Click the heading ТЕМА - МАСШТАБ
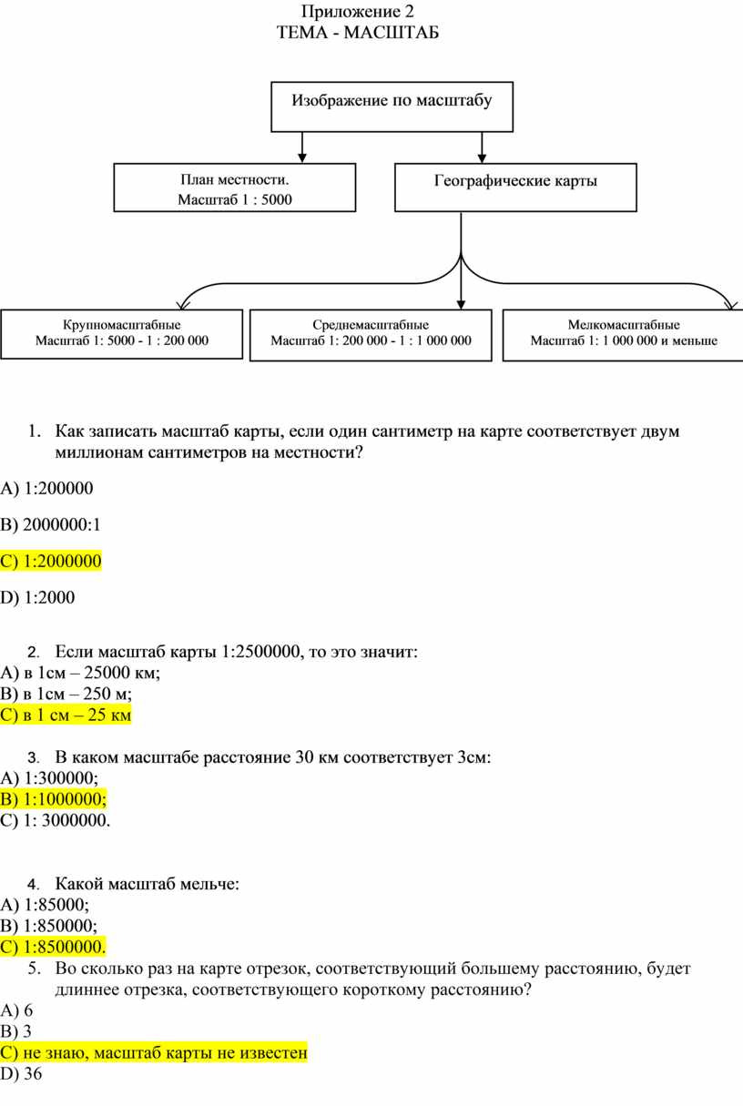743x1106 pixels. click(x=358, y=33)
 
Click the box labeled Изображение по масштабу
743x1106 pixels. click(x=392, y=107)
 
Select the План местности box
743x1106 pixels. click(x=235, y=188)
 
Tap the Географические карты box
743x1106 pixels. click(x=515, y=188)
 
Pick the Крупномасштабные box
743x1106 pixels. click(x=121, y=334)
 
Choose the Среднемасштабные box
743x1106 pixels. click(x=371, y=335)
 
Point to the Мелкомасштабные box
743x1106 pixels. click(x=623, y=335)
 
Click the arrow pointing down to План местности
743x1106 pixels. click(x=302, y=147)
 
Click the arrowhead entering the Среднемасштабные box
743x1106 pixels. click(x=461, y=304)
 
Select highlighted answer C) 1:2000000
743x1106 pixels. click(x=51, y=562)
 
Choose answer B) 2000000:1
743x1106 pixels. click(x=50, y=525)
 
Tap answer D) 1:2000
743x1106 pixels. click(x=37, y=598)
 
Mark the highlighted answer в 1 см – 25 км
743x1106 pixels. click(x=66, y=715)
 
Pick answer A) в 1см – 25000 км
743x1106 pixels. click(x=80, y=673)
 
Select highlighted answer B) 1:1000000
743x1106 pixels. click(x=54, y=799)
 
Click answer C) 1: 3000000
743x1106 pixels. click(x=56, y=820)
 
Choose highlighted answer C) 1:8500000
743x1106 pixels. click(x=53, y=947)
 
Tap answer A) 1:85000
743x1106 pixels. click(x=45, y=905)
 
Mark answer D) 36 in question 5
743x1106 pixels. click(x=21, y=1074)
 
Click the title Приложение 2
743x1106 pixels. click(x=358, y=11)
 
